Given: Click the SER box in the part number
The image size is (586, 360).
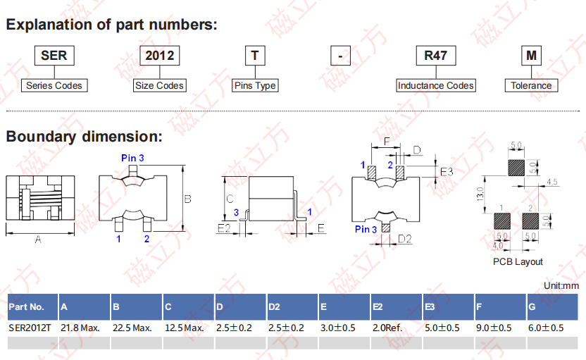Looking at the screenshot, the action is (x=54, y=56).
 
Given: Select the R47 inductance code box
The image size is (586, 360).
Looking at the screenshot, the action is (x=436, y=56).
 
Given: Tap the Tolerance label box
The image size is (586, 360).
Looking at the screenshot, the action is (x=531, y=86).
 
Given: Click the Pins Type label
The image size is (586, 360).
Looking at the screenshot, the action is (x=255, y=86).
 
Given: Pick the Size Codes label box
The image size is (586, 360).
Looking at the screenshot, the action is (x=160, y=86).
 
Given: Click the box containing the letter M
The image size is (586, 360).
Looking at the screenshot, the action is (x=531, y=56).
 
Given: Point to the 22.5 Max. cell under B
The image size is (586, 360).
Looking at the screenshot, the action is (x=132, y=328).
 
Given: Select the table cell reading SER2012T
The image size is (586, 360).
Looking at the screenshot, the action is (x=30, y=328).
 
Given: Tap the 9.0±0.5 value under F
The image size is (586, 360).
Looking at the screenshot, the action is (x=494, y=328).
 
